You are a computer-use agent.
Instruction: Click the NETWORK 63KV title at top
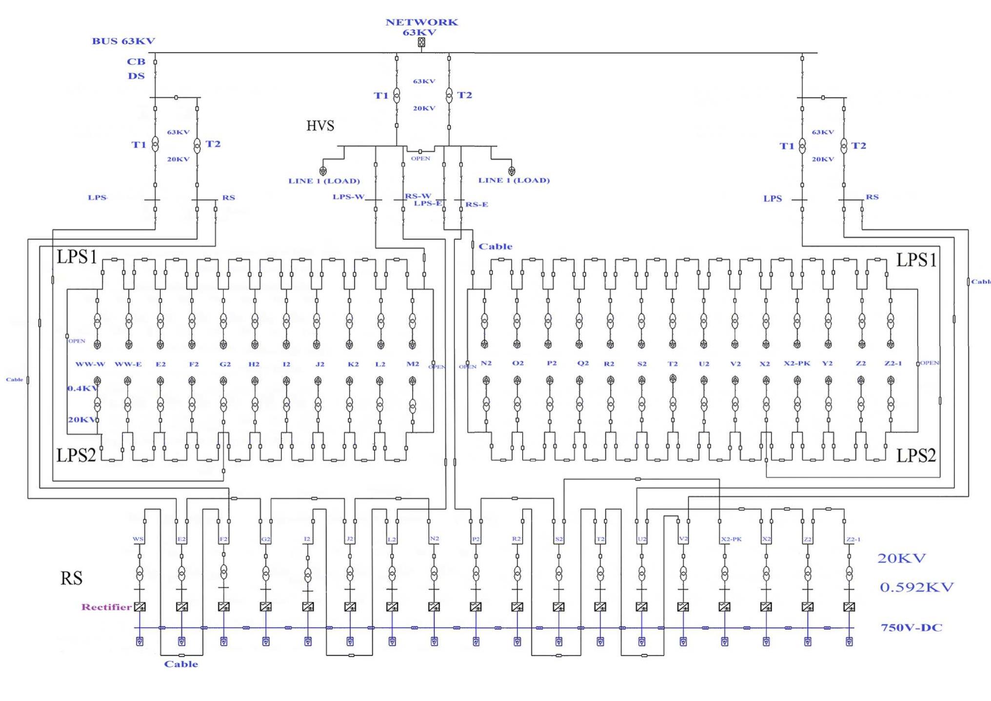tap(421, 27)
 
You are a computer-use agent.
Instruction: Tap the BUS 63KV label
tap(123, 41)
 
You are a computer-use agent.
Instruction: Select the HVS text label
tap(320, 126)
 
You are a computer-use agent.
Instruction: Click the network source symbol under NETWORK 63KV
tap(421, 42)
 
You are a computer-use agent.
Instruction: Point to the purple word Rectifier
tap(106, 607)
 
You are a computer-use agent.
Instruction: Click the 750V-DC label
tap(911, 627)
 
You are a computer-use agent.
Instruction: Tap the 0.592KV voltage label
tap(916, 587)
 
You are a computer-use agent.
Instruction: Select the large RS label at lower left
tap(71, 578)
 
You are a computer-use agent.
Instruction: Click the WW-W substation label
tap(90, 364)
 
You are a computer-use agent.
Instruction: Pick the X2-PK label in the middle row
tap(797, 363)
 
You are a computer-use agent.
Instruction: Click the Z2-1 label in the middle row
tap(893, 363)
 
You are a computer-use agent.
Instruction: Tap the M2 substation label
tap(413, 364)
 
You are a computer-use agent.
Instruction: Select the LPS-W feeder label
tap(348, 197)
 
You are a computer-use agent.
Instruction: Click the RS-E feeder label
tap(476, 204)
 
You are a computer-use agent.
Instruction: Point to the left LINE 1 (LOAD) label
tap(324, 181)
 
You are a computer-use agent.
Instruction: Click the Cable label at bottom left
tap(181, 664)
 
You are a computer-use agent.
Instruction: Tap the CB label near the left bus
tap(136, 61)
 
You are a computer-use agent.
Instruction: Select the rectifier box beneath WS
tap(139, 607)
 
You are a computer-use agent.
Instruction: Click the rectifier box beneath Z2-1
tap(849, 607)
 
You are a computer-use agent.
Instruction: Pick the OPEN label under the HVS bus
tap(420, 159)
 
